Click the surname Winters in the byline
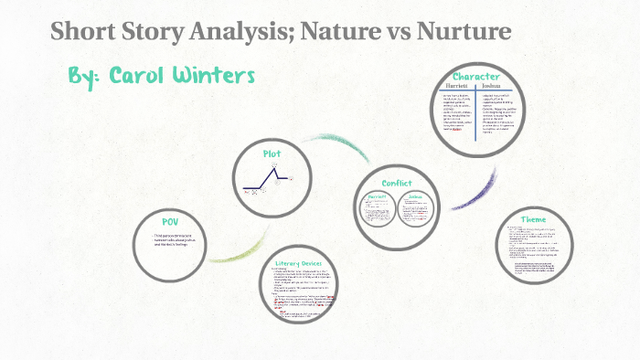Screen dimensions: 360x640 click(x=216, y=75)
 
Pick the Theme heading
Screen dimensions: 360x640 click(x=533, y=219)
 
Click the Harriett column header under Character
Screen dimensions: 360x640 click(x=457, y=87)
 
